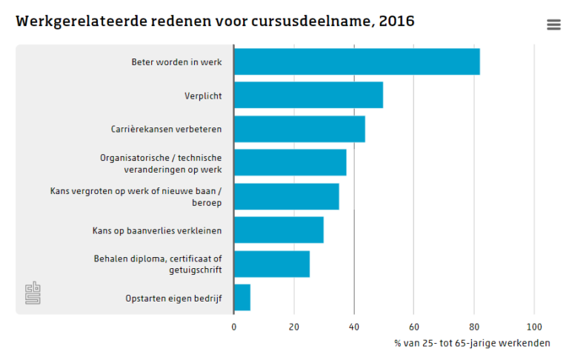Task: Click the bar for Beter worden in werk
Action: (356, 61)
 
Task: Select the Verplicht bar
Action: (308, 96)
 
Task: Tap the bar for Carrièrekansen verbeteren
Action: (299, 129)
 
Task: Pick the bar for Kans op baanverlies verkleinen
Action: (279, 230)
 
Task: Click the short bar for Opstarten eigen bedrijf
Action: (242, 298)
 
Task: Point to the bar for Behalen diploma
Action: (272, 264)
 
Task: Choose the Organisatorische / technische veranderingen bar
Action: (290, 163)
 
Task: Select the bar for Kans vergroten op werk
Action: (286, 196)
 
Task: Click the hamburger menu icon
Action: (553, 24)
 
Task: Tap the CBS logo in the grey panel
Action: (33, 293)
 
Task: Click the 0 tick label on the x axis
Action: (234, 327)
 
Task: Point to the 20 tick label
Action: (294, 327)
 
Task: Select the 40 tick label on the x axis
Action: (354, 327)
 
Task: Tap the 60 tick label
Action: (414, 327)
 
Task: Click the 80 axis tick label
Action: (474, 327)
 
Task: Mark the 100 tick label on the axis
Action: (534, 327)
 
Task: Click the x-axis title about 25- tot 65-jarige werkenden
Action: (472, 344)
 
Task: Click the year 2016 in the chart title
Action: (396, 21)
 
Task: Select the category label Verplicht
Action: (203, 96)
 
